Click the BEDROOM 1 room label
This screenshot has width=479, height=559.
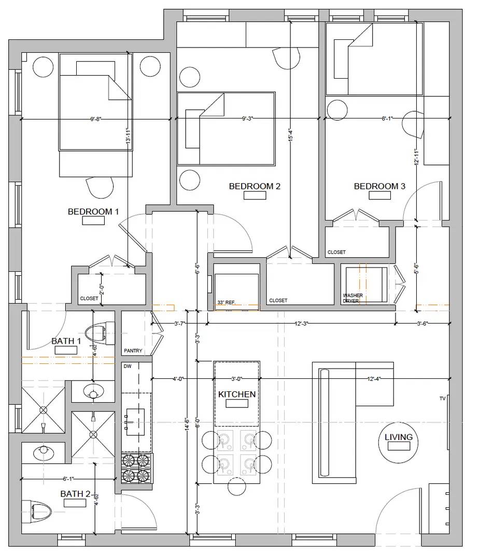pyautogui.click(x=93, y=212)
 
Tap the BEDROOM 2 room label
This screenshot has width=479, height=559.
pyautogui.click(x=255, y=186)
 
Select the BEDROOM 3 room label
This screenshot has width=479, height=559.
pyautogui.click(x=379, y=186)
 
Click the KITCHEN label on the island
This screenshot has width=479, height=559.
pyautogui.click(x=236, y=394)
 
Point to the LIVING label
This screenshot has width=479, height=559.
pyautogui.click(x=399, y=437)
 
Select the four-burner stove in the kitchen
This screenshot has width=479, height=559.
pyautogui.click(x=137, y=468)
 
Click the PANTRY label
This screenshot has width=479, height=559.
pyautogui.click(x=133, y=351)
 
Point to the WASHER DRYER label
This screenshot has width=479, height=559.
pyautogui.click(x=353, y=298)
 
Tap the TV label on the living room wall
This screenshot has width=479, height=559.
pyautogui.click(x=442, y=399)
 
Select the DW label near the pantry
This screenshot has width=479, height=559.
pyautogui.click(x=127, y=365)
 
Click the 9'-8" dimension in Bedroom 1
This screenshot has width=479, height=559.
pyautogui.click(x=95, y=120)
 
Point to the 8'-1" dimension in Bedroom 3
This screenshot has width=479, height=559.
pyautogui.click(x=387, y=119)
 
